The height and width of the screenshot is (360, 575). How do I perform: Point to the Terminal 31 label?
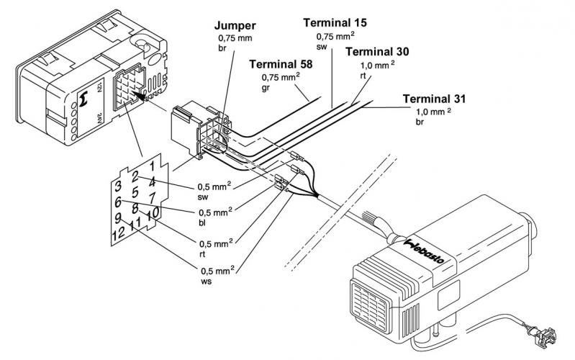point(436,99)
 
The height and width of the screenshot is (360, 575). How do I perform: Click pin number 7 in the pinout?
point(151,197)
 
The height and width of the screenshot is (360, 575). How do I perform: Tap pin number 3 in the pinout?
point(116,187)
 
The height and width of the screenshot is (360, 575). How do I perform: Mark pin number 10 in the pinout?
point(153,214)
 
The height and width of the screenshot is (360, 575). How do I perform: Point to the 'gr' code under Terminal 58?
point(265,89)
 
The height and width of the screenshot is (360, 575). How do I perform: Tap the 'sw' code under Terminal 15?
point(322,46)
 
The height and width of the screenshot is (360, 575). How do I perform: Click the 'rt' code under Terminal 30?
point(363,75)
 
